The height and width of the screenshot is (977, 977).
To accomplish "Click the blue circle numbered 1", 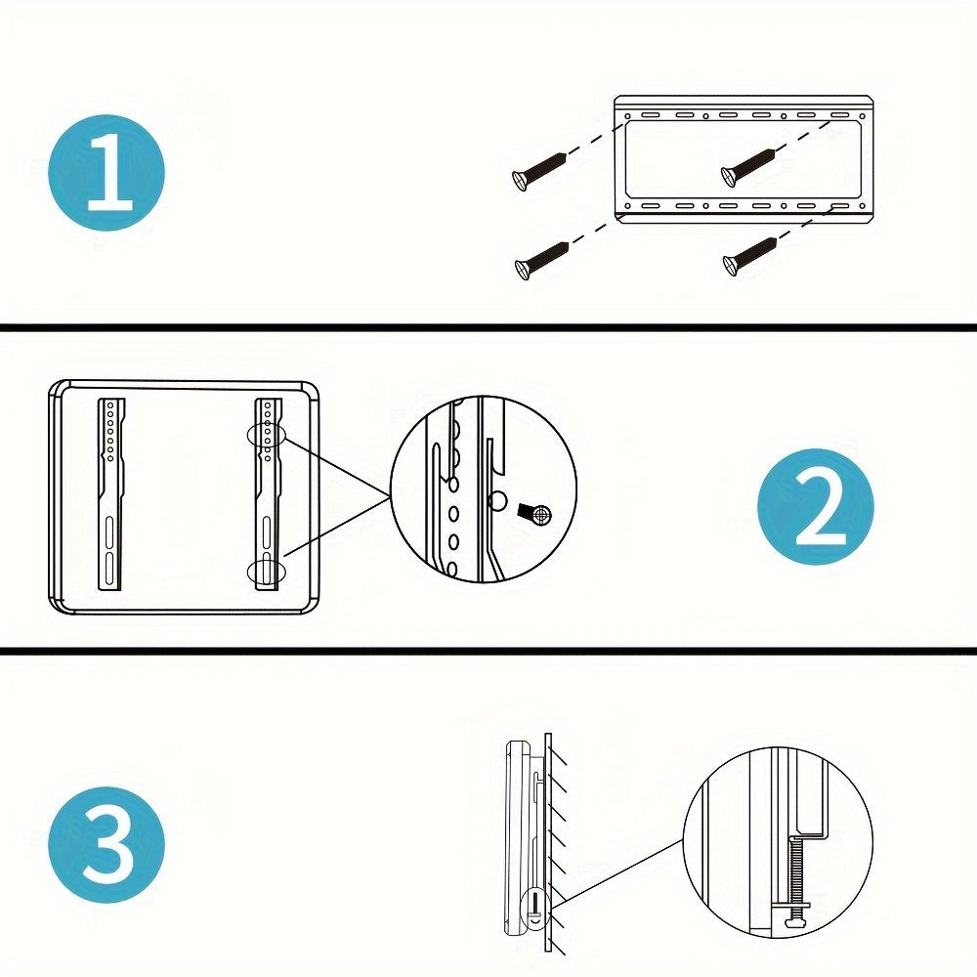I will tap(106, 173).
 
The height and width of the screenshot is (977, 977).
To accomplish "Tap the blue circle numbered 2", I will tap(816, 507).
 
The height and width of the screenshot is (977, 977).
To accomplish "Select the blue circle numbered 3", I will tap(106, 843).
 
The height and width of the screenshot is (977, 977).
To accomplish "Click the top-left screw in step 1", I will tap(538, 167).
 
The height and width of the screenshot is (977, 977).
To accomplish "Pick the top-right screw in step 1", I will tap(747, 164).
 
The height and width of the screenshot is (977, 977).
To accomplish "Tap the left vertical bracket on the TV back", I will tap(110, 493).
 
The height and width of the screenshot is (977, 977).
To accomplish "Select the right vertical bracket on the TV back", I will tap(267, 493).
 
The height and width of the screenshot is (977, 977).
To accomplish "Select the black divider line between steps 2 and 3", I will tap(488, 650).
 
